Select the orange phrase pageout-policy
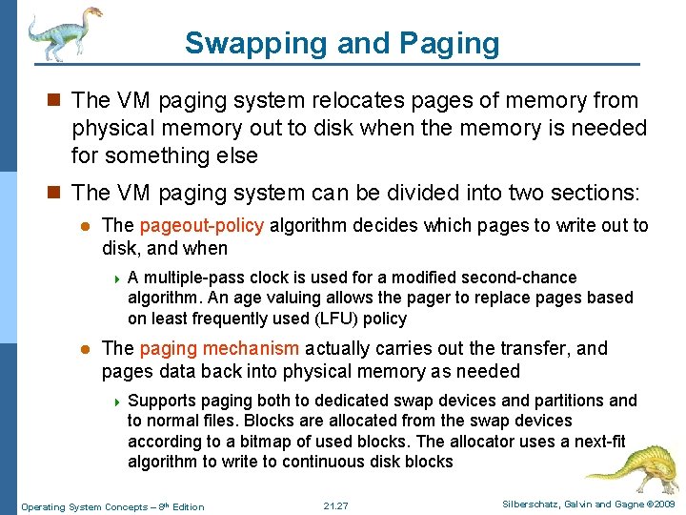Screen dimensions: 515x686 pos(203,226)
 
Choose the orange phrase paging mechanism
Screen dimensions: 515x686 pos(219,349)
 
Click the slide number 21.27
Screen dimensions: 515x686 pos(336,505)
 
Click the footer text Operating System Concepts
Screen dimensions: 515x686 pos(85,506)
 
